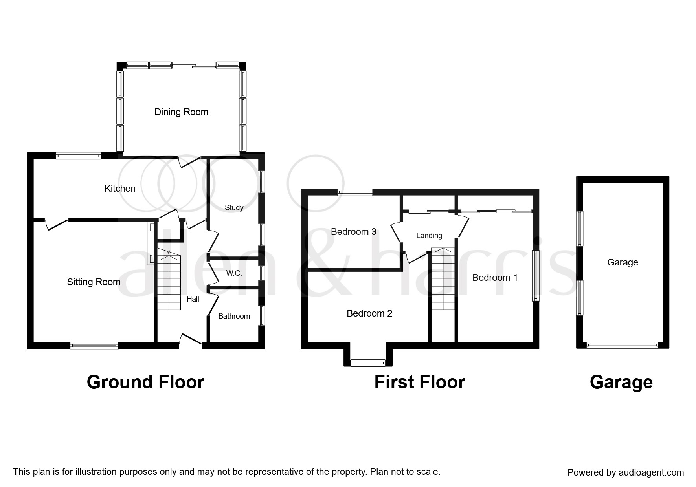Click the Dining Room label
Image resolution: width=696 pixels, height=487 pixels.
(x=181, y=112)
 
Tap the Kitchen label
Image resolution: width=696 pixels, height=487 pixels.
(x=120, y=189)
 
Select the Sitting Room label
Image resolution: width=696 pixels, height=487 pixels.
(x=94, y=282)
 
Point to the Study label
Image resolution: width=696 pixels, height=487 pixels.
(x=234, y=207)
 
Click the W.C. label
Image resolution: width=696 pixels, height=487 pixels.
(x=234, y=273)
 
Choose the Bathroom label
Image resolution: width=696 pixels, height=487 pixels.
(x=234, y=316)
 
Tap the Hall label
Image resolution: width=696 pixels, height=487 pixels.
(x=193, y=299)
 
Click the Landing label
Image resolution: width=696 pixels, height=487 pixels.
(x=429, y=236)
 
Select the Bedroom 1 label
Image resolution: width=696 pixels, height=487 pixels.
(x=495, y=278)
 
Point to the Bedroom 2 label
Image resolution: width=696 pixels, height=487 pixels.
(x=369, y=313)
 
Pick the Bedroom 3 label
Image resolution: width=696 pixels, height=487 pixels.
(x=354, y=232)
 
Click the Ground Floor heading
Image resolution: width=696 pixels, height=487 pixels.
(x=145, y=382)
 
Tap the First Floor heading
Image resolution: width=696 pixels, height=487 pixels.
(x=420, y=382)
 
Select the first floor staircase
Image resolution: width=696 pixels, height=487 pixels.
(x=443, y=278)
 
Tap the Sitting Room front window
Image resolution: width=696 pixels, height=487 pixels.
(x=94, y=346)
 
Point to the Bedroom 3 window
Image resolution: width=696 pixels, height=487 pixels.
(x=355, y=192)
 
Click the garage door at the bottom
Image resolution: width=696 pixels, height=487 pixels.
(x=623, y=346)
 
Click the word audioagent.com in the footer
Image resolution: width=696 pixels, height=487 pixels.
(x=651, y=472)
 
